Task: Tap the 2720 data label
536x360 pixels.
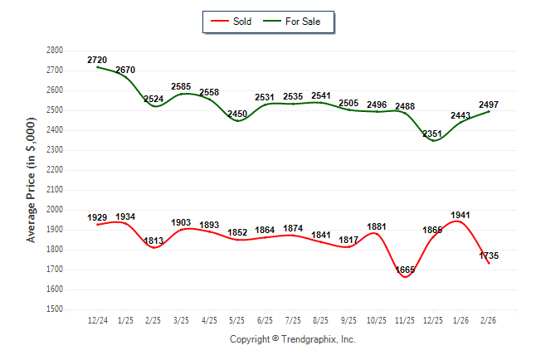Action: [97, 61]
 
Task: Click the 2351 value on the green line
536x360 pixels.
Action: [434, 133]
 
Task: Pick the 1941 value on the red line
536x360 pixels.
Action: [460, 215]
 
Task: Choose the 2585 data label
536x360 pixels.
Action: [182, 86]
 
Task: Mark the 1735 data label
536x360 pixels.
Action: [489, 256]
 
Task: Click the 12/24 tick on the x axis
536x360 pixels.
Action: [97, 319]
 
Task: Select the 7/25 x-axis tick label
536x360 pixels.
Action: [293, 319]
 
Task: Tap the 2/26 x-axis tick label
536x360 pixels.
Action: [489, 319]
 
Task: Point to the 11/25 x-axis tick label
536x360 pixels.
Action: [405, 319]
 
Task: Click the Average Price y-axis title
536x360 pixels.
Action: [32, 179]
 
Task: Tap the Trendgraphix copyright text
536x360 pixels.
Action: [292, 339]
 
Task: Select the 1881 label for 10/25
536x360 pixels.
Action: [377, 226]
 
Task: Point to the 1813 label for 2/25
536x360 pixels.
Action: [153, 241]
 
